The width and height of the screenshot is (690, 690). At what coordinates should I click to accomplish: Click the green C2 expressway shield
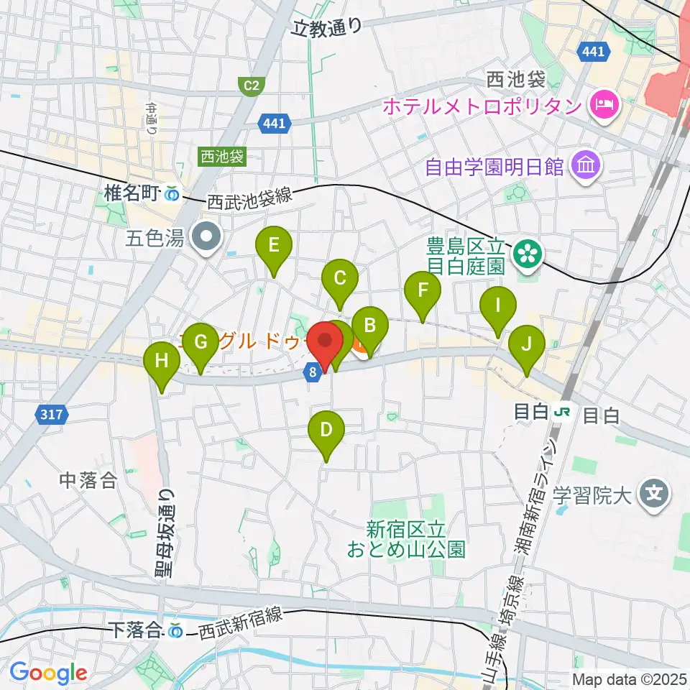(250, 86)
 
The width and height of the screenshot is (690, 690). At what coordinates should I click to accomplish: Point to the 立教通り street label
(328, 27)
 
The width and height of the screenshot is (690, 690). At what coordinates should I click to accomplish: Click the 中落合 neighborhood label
(88, 480)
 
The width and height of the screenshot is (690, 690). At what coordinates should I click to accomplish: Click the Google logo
(48, 673)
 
